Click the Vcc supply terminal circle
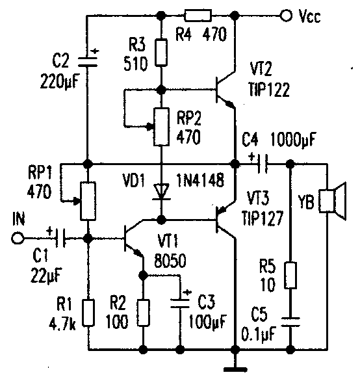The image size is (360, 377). pyautogui.click(x=286, y=16)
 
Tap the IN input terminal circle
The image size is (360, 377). pyautogui.click(x=18, y=239)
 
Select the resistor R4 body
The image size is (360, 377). pyautogui.click(x=198, y=16)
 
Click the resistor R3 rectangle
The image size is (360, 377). pyautogui.click(x=161, y=53)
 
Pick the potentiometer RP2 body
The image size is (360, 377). pyautogui.click(x=161, y=127)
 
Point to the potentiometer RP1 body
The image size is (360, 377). pyautogui.click(x=88, y=201)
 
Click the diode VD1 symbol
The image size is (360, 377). pyautogui.click(x=161, y=192)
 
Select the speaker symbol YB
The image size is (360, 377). pyautogui.click(x=333, y=201)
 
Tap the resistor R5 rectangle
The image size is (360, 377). pyautogui.click(x=290, y=276)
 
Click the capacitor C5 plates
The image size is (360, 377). pyautogui.click(x=290, y=322)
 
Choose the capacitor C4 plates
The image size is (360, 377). pyautogui.click(x=263, y=164)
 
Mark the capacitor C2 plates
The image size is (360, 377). pyautogui.click(x=88, y=61)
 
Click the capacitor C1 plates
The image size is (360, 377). pyautogui.click(x=60, y=239)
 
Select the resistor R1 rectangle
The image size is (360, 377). pyautogui.click(x=88, y=313)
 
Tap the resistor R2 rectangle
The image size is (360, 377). pyautogui.click(x=144, y=313)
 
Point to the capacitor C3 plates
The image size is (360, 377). pyautogui.click(x=180, y=304)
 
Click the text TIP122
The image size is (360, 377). pyautogui.click(x=269, y=90)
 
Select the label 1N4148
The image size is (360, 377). pyautogui.click(x=200, y=180)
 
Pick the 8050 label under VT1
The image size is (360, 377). pyautogui.click(x=170, y=261)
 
